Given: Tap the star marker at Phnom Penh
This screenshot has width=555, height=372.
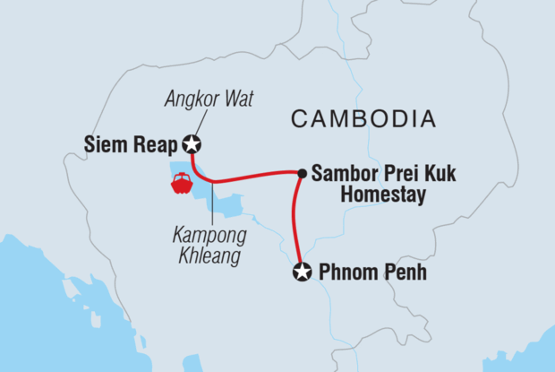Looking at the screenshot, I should pyautogui.click(x=303, y=273).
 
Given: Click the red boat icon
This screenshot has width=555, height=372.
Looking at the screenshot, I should pyautogui.click(x=181, y=183).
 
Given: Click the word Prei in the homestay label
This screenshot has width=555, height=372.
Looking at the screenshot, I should pyautogui.click(x=400, y=173).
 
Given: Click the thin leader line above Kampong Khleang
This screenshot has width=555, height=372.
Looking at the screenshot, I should pyautogui.click(x=209, y=204).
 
